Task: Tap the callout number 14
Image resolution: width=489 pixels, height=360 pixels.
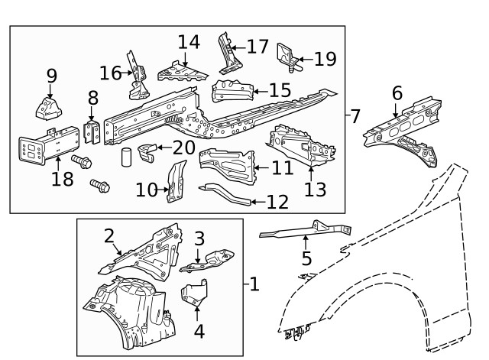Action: click(x=189, y=43)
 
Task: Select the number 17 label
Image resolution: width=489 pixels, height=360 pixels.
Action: click(x=258, y=47)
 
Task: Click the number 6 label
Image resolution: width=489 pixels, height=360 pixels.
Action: click(x=397, y=93)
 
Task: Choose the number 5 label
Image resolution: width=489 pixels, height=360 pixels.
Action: click(x=306, y=258)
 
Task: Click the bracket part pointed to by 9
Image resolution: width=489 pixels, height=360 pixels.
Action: click(x=49, y=105)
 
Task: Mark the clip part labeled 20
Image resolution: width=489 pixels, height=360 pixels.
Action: click(x=150, y=148)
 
